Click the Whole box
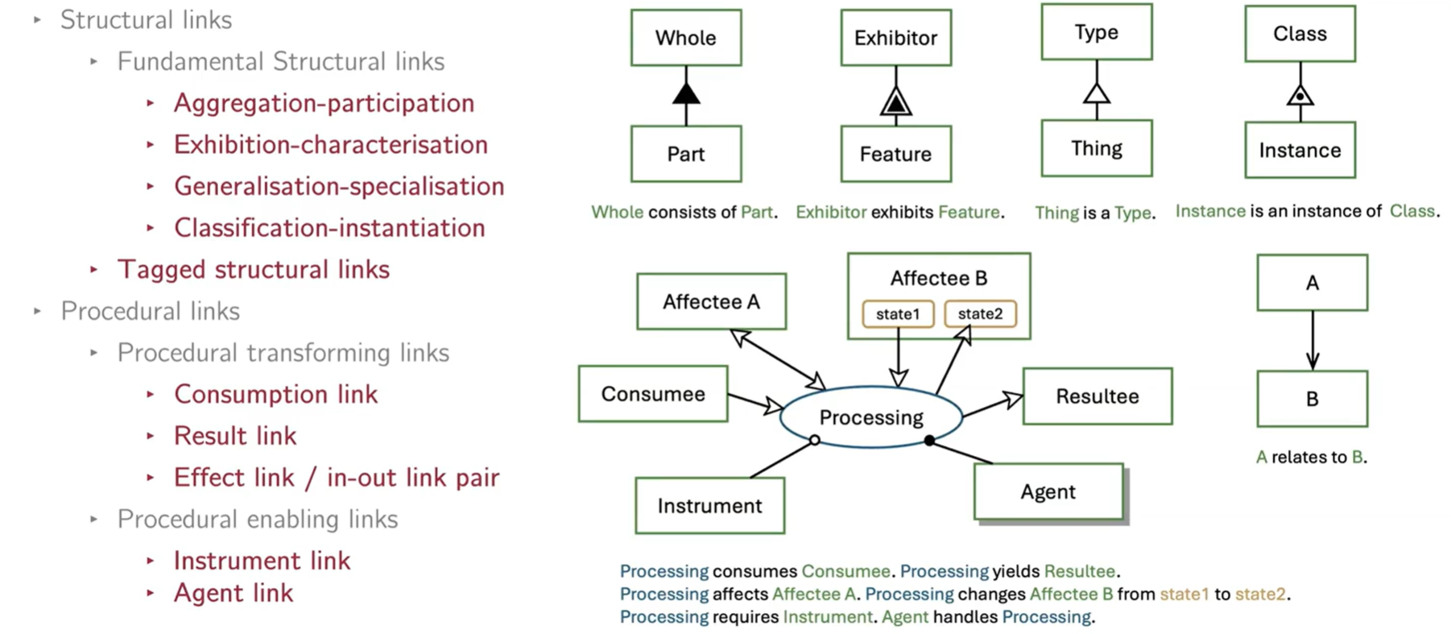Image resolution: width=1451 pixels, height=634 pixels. (686, 38)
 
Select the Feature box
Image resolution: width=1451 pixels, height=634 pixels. (895, 154)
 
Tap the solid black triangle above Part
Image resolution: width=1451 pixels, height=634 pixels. (686, 93)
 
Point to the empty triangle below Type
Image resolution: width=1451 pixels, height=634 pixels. (1097, 93)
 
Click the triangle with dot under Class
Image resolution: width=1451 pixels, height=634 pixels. (1300, 96)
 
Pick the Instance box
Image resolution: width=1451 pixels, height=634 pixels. (1300, 150)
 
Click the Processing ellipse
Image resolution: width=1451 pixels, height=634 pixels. (871, 416)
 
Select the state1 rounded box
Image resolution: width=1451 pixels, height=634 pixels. (898, 314)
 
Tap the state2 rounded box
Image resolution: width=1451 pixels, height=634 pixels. (980, 314)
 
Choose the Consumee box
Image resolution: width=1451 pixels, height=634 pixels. (653, 394)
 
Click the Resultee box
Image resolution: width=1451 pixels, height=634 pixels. (1098, 396)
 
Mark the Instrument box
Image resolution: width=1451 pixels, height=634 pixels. (709, 506)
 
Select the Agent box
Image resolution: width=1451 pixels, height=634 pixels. (1048, 491)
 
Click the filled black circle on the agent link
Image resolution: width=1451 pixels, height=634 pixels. (929, 441)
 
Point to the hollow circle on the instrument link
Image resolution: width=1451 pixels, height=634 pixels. (815, 441)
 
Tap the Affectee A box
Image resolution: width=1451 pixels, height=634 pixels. (711, 301)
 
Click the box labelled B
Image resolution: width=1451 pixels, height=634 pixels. (1312, 399)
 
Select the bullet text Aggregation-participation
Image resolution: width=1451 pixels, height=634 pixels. (324, 103)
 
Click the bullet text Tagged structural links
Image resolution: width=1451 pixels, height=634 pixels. (254, 269)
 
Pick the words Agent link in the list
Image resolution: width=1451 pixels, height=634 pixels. (234, 593)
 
